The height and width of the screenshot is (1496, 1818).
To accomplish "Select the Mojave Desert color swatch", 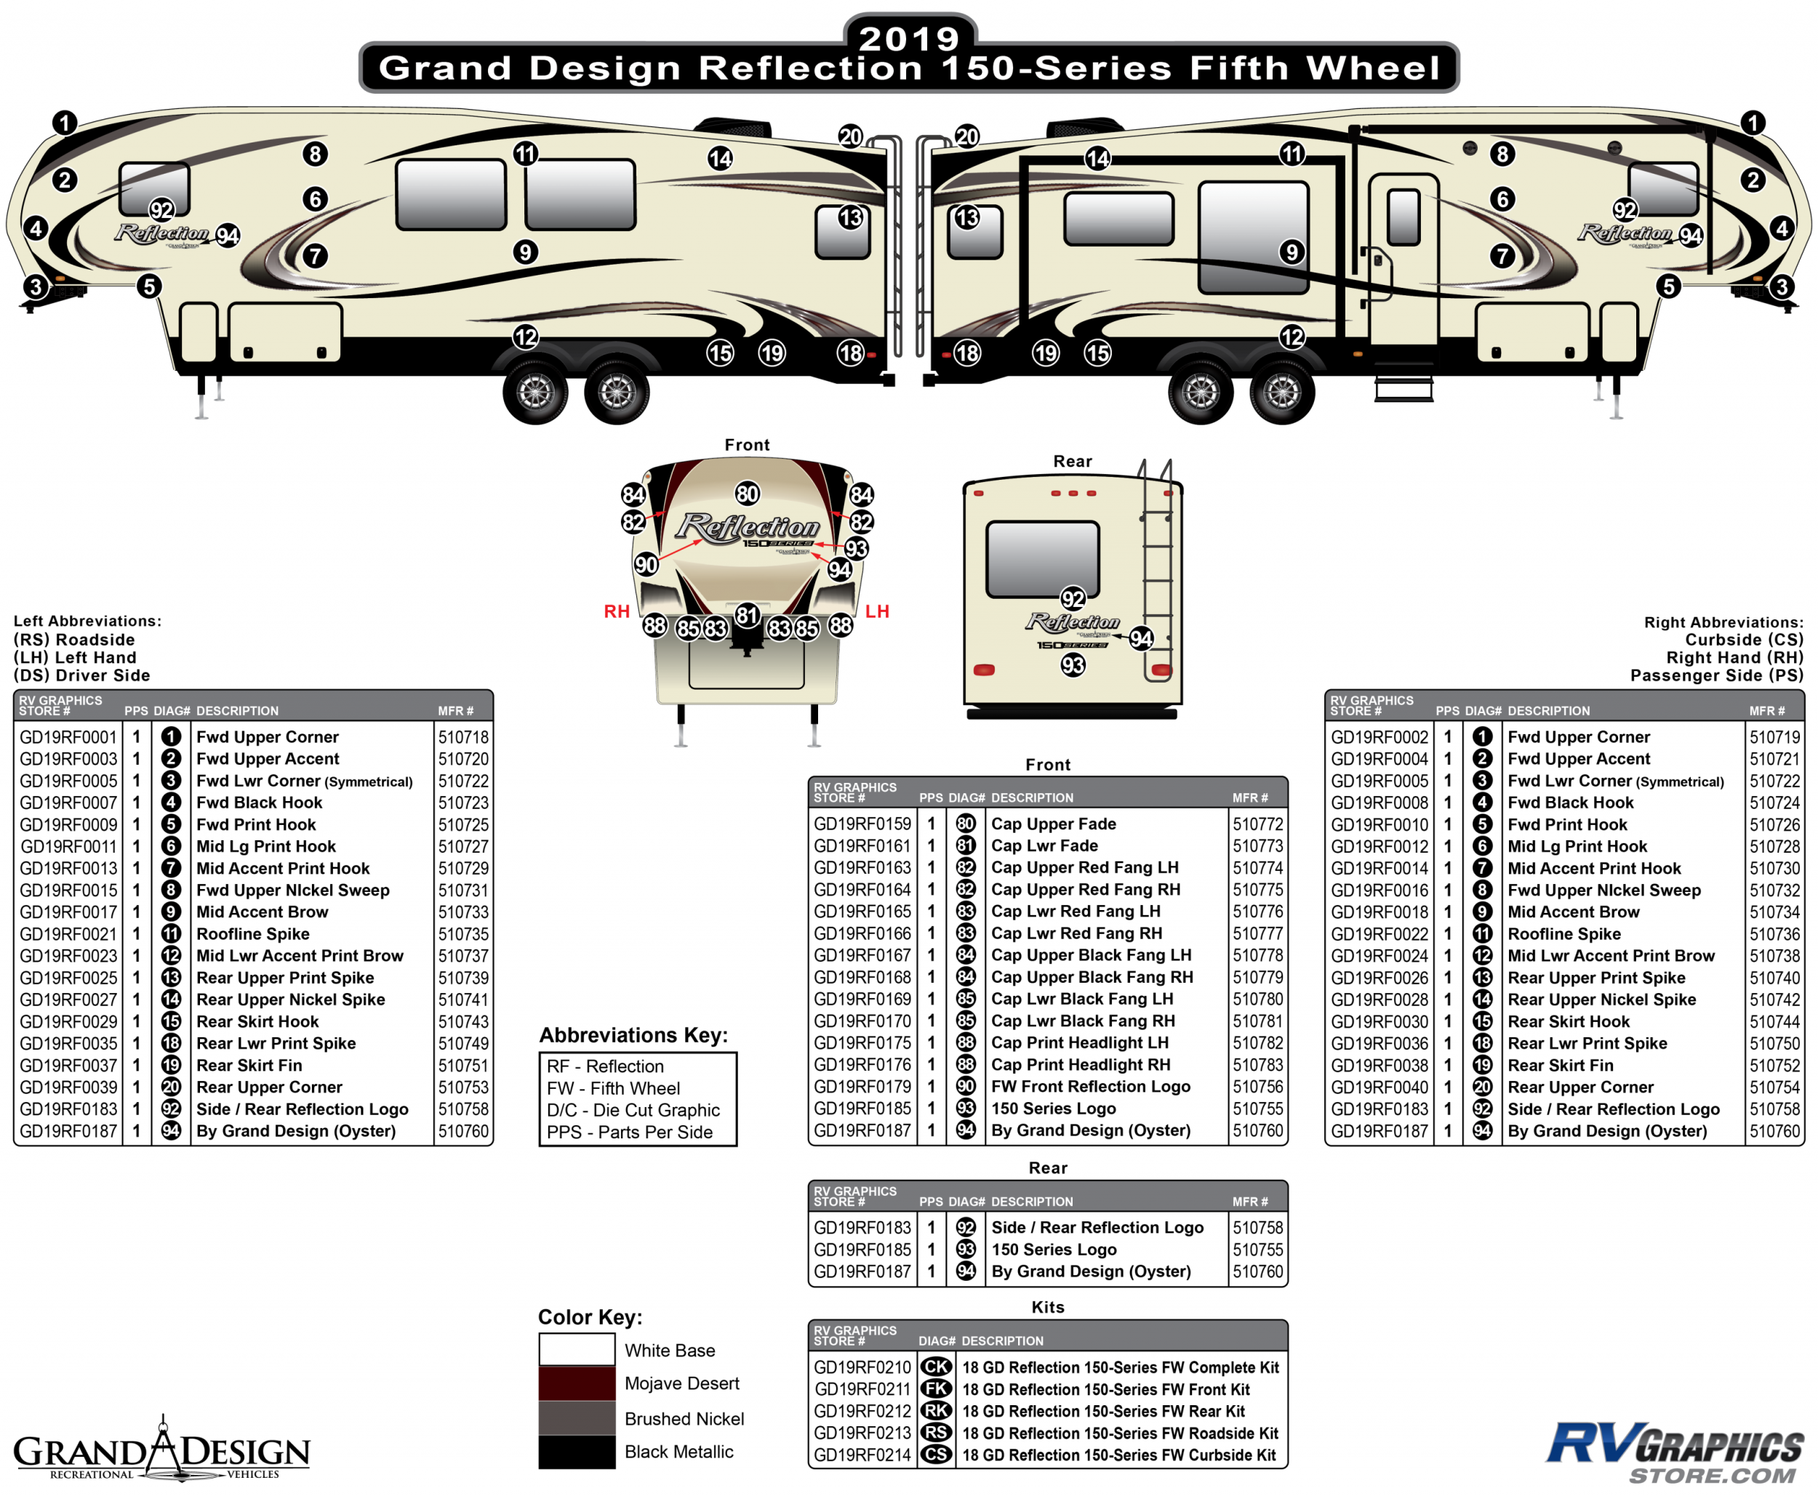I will click(x=577, y=1383).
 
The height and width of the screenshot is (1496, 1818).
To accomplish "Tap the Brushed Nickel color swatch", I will click(x=577, y=1417).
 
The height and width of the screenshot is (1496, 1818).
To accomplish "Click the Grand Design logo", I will click(x=161, y=1450).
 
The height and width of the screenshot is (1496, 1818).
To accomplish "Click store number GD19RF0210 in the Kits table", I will click(x=862, y=1367).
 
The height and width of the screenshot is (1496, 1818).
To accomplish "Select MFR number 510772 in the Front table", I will click(x=1257, y=824).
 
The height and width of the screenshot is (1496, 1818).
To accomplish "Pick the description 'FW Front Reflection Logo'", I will click(x=1091, y=1087).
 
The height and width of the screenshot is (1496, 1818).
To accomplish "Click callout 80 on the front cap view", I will click(x=748, y=494).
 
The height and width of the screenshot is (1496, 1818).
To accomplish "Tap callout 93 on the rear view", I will click(x=1073, y=665).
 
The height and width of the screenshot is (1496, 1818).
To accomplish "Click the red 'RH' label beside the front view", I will click(x=617, y=612).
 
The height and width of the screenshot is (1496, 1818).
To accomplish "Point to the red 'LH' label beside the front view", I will click(x=877, y=612).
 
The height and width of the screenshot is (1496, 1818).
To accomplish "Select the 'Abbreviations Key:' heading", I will click(x=633, y=1035).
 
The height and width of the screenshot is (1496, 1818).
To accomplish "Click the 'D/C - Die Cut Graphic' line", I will click(x=633, y=1110).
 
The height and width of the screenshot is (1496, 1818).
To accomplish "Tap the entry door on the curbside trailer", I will click(x=1403, y=259).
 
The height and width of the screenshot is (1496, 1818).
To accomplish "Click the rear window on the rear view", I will click(x=1042, y=558).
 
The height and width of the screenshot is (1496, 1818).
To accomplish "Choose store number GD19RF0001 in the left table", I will click(x=68, y=737).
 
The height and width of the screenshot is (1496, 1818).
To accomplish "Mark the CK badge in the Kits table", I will click(x=936, y=1367).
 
